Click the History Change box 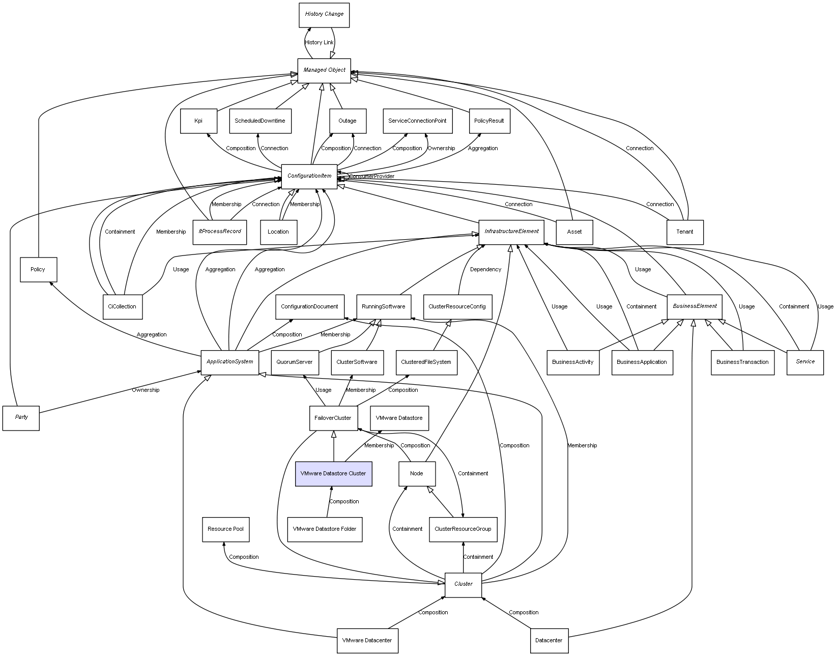point(324,15)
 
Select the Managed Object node point(324,71)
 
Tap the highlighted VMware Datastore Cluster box point(333,474)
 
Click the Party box point(21,418)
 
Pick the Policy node point(38,270)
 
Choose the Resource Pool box point(225,529)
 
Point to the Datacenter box point(549,641)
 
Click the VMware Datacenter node point(367,641)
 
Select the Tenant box point(685,232)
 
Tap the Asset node point(574,232)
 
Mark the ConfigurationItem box point(309,177)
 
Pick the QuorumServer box point(294,362)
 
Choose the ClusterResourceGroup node point(463,529)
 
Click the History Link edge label point(319,43)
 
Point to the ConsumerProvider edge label point(372,177)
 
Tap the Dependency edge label point(485,270)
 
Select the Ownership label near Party point(146,390)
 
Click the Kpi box point(198,121)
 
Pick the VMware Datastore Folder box point(325,529)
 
